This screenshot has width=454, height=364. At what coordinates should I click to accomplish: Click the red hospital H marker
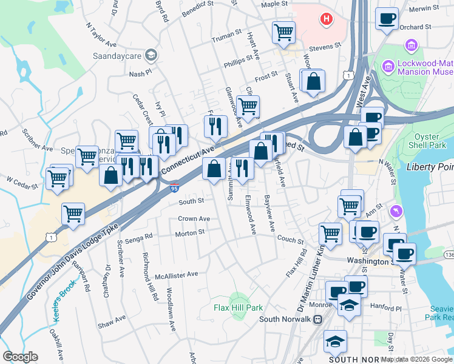[327, 19]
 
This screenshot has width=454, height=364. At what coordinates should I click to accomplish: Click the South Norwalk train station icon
[316, 320]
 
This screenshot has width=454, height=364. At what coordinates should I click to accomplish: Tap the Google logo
[20, 357]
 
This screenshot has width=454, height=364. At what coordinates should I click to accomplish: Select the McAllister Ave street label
[175, 274]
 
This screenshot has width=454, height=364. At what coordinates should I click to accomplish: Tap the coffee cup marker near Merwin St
[386, 19]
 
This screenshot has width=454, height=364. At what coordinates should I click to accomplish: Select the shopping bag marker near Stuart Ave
[314, 81]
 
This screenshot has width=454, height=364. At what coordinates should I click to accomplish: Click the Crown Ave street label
[194, 218]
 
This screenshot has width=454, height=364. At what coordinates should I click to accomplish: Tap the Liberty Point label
[430, 167]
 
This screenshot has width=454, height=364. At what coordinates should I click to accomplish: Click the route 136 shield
[449, 253]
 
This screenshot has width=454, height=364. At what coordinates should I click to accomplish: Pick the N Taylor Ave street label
[101, 36]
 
